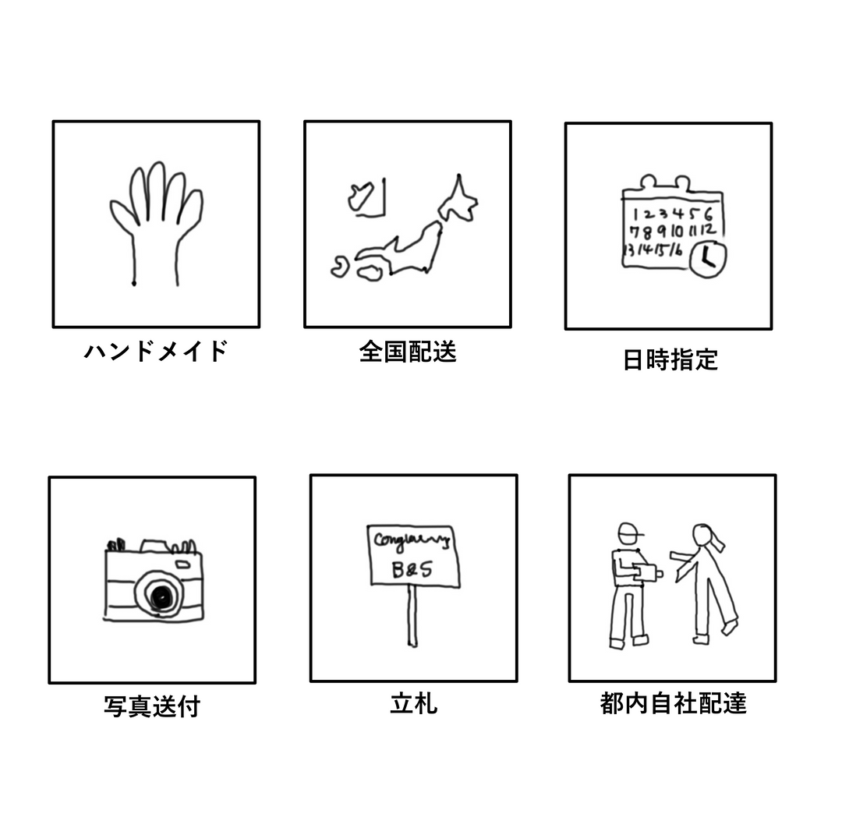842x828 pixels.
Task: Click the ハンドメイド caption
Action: click(x=155, y=352)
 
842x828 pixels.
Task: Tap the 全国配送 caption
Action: click(x=408, y=352)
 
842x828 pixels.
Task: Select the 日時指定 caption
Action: click(x=670, y=359)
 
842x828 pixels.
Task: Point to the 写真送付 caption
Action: click(x=152, y=706)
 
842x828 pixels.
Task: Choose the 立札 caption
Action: click(x=413, y=704)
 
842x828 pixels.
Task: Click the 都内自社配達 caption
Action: click(x=674, y=704)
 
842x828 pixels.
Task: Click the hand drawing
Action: click(x=156, y=222)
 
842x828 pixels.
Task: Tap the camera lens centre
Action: click(x=161, y=597)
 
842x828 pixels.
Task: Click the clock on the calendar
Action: click(x=708, y=257)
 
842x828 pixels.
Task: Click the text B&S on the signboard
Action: click(x=412, y=571)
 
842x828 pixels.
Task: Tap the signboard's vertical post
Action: click(x=412, y=616)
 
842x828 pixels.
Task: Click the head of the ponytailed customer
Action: click(x=702, y=536)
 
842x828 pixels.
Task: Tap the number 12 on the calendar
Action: click(x=708, y=230)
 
